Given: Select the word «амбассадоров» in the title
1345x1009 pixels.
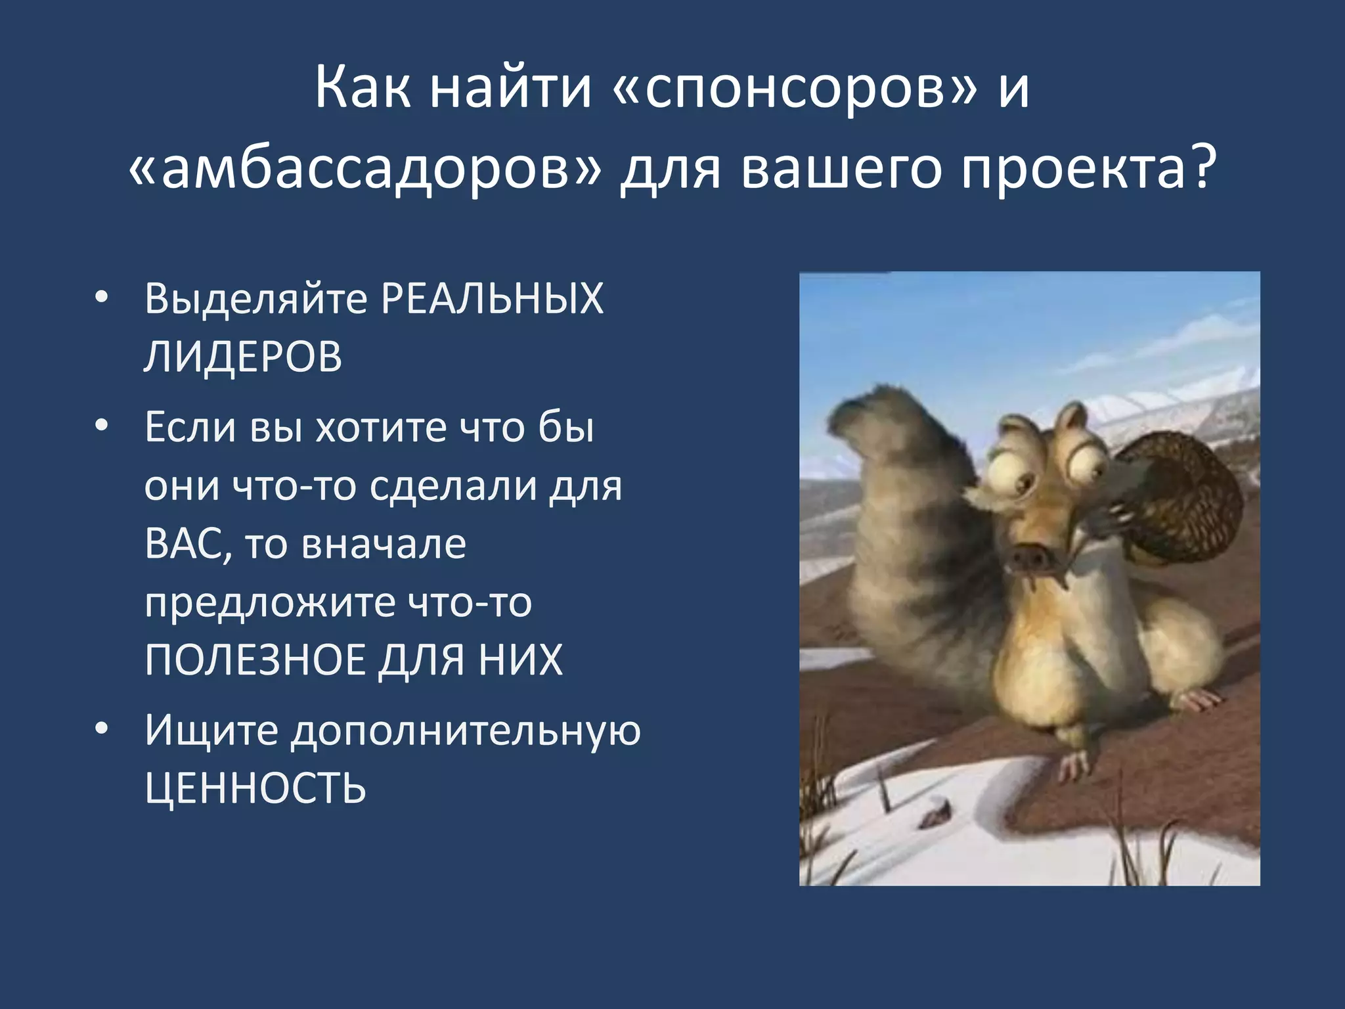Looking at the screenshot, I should point(364,169).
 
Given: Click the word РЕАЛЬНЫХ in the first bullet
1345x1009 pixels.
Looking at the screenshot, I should point(492,300).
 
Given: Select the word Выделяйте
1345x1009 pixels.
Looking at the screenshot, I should point(255,300).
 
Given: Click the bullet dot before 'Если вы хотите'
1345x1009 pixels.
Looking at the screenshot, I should point(100,426).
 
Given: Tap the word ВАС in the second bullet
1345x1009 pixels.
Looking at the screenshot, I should point(188,545).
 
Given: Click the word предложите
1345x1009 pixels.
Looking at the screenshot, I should point(270,602).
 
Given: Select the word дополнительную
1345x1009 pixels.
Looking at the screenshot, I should point(466,730).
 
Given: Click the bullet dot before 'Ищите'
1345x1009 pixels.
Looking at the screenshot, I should point(100,729).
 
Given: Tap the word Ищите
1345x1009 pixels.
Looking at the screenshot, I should point(211,730).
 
